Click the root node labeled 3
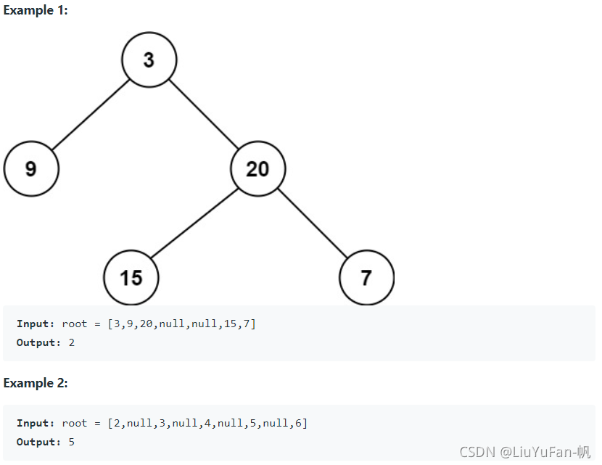pyautogui.click(x=149, y=59)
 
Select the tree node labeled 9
pyautogui.click(x=31, y=169)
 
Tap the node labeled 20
pyautogui.click(x=258, y=169)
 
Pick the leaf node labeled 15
pyautogui.click(x=131, y=278)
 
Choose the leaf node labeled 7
pyautogui.click(x=366, y=278)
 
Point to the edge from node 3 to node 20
pyautogui.click(x=204, y=114)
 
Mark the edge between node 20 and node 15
pyautogui.click(x=194, y=223)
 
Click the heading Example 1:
pyautogui.click(x=36, y=11)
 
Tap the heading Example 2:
pyautogui.click(x=36, y=383)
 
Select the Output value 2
pyautogui.click(x=72, y=342)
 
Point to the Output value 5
pyautogui.click(x=72, y=442)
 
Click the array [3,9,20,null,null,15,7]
pyautogui.click(x=181, y=324)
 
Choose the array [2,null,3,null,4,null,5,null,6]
pyautogui.click(x=207, y=423)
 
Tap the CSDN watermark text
pyautogui.click(x=525, y=451)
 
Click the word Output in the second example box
pyautogui.click(x=38, y=442)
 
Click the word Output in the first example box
pyautogui.click(x=38, y=342)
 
